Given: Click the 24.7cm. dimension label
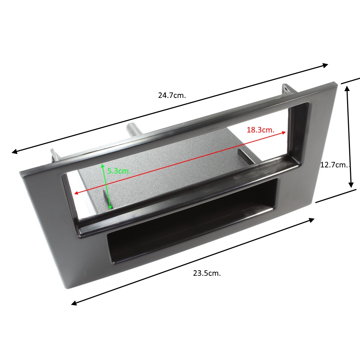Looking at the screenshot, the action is point(172,95).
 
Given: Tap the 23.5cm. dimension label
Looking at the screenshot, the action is point(207,273).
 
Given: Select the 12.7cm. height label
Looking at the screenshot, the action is point(334,165).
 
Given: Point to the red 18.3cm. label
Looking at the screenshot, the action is point(261,130).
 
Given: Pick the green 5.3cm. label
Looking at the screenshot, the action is point(119,171).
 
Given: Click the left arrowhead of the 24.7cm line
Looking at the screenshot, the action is point(15,151).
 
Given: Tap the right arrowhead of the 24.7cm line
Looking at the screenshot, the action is point(325,66).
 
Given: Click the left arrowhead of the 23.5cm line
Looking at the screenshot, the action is point(74,303).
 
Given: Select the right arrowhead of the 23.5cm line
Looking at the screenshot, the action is point(311,220).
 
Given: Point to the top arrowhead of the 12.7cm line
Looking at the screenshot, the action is point(347,89).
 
